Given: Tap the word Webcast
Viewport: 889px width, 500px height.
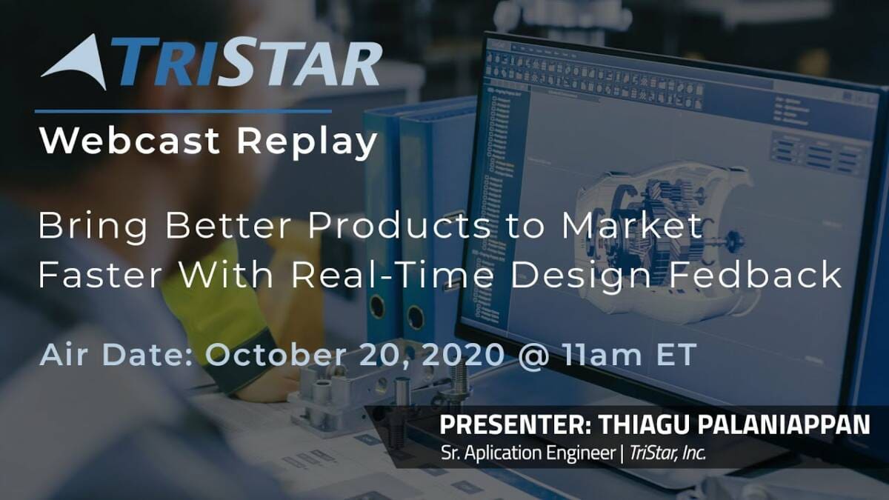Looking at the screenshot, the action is point(130,141).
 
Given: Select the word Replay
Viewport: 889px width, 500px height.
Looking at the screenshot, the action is point(307,143).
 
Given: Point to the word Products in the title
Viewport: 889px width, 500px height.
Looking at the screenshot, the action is point(399,225).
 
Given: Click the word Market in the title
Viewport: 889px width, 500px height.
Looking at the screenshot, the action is point(631,225).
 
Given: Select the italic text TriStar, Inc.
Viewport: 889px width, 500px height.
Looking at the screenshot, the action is point(668,453).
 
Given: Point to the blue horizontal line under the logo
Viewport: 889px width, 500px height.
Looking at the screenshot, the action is point(184,112).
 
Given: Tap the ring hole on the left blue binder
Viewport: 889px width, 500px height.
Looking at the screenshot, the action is point(376,307).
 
